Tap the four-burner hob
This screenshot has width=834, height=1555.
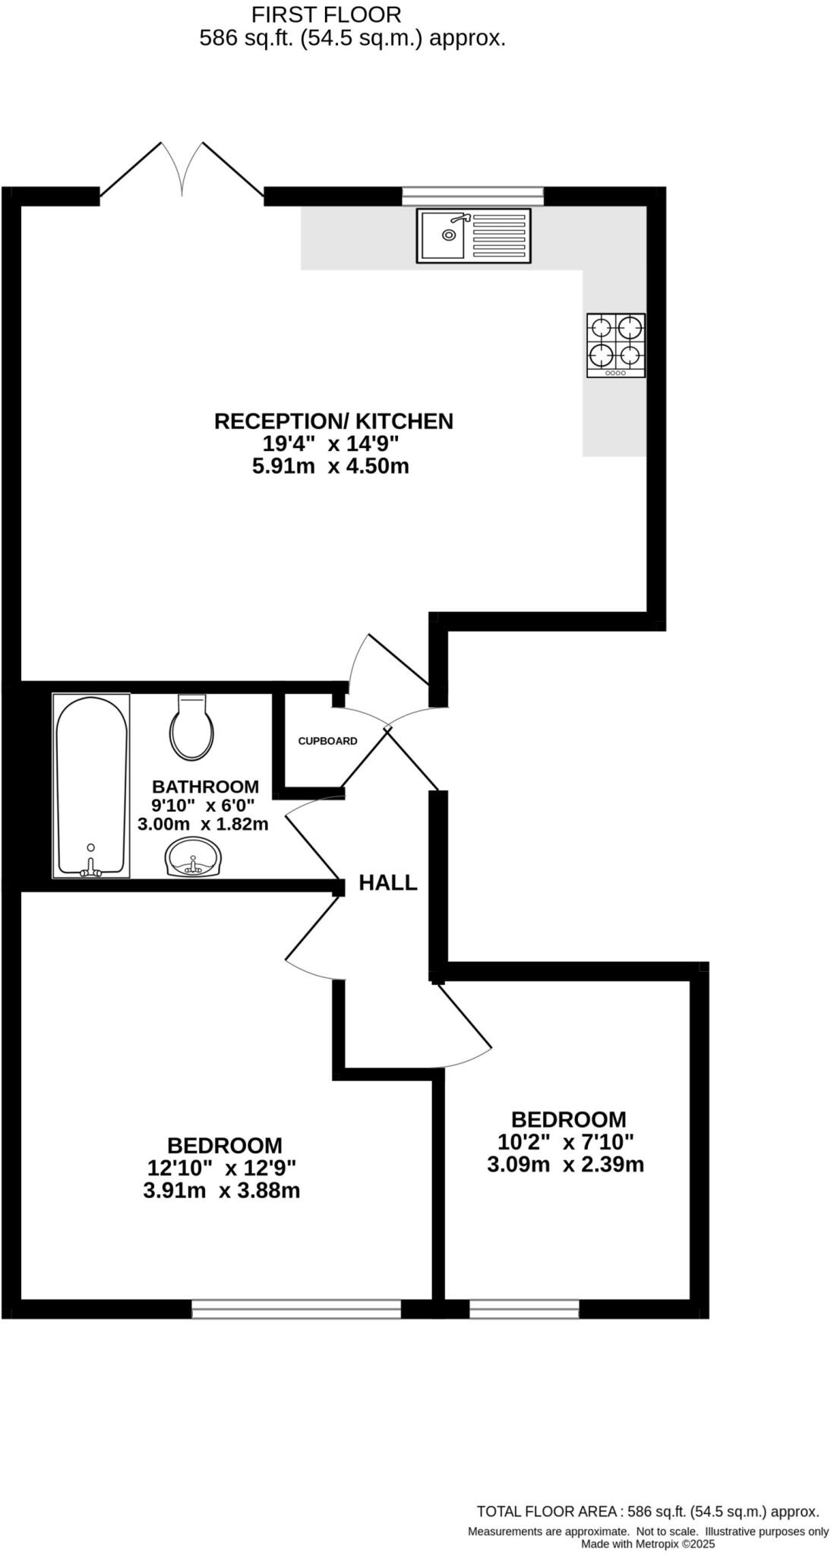615,345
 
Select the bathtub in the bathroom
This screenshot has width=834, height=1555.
91,785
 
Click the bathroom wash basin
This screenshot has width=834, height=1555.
193,857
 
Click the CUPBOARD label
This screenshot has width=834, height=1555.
327,741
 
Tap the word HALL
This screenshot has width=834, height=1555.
388,882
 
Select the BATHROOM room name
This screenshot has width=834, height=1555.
205,787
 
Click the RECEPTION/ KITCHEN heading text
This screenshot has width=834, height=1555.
333,421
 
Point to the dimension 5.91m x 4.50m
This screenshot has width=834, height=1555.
330,466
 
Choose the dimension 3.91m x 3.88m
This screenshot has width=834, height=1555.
221,1191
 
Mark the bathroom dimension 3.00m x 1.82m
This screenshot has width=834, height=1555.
203,824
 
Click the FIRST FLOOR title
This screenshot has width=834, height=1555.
327,14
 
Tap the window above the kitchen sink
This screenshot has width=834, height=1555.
472,196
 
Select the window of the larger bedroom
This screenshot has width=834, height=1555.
296,1308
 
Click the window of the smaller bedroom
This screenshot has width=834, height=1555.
524,1308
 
